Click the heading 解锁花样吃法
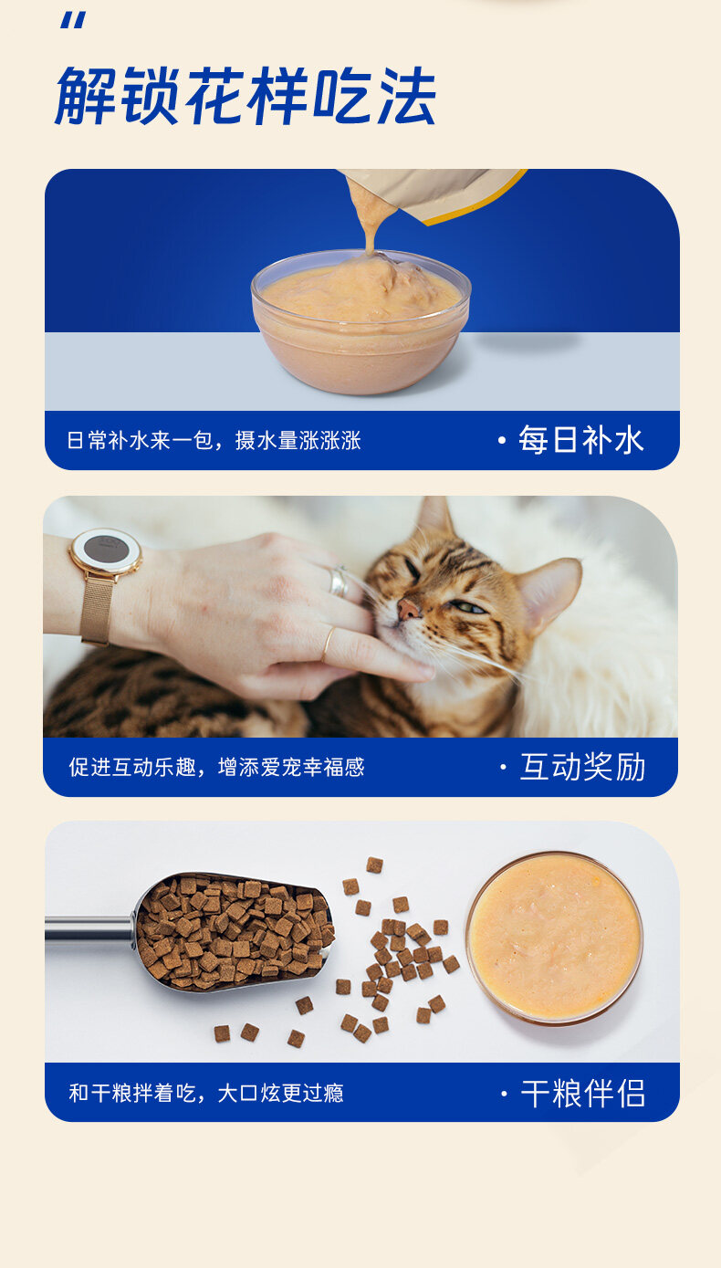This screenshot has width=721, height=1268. point(246,95)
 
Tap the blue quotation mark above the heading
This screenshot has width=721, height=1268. point(73,21)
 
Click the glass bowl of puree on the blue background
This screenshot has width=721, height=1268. point(360,322)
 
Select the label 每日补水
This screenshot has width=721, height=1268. point(581,440)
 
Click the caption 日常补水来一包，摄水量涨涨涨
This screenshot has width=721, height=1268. point(214,440)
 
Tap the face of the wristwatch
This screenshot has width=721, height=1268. point(105,550)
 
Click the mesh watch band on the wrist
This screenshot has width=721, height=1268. point(97,610)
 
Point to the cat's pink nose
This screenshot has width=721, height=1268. point(408,610)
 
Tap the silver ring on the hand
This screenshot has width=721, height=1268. point(339,581)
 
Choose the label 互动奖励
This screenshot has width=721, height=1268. point(583,767)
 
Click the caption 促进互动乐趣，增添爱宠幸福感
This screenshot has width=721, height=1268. point(216,767)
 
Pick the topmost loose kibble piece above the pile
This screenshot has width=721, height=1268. point(375,865)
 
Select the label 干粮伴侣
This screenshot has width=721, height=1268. point(583,1093)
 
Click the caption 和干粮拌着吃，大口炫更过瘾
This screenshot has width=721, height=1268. point(206,1093)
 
